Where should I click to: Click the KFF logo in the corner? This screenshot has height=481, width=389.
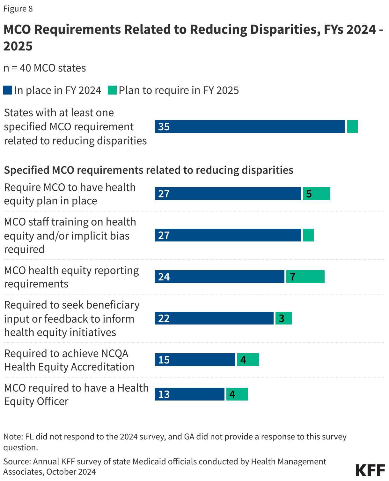[x=370, y=470]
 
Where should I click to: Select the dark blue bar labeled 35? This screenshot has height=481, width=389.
[x=250, y=126]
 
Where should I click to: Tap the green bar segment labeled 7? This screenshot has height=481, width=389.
[x=305, y=277]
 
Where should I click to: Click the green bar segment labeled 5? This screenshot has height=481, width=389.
[x=316, y=194]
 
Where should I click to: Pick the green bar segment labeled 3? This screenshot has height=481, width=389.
[x=283, y=318]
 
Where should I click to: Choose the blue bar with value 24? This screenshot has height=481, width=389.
[x=219, y=277]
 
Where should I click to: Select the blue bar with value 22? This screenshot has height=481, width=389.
[x=214, y=318]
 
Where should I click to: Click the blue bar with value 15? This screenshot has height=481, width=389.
[x=195, y=360]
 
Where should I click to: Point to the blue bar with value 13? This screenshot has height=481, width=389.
[x=189, y=394]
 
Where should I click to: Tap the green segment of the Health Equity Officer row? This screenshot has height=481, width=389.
[x=237, y=394]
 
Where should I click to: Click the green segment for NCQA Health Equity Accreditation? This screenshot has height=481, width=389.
[x=248, y=360]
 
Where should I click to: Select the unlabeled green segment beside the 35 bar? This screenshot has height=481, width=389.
[x=352, y=126]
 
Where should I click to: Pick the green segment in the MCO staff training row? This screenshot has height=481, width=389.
[x=308, y=235]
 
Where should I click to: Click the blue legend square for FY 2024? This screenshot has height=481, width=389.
[x=8, y=90]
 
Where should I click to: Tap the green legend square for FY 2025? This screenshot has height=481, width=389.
[x=112, y=90]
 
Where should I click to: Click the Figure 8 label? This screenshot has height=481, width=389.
[x=18, y=9]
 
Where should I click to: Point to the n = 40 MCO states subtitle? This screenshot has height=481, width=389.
[x=45, y=68]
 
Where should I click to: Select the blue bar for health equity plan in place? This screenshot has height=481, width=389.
[x=228, y=194]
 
